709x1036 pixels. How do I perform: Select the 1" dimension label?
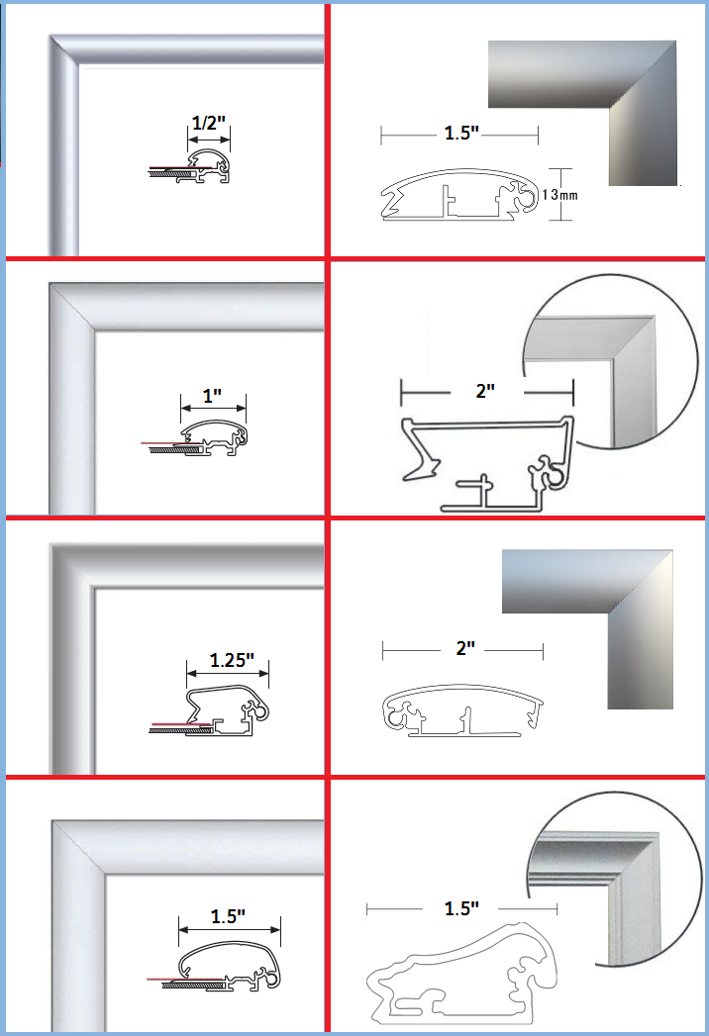point(212,396)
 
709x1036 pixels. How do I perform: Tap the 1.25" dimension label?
point(232,658)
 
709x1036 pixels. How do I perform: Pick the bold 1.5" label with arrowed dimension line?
point(228,916)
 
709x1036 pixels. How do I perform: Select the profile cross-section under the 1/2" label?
point(199,168)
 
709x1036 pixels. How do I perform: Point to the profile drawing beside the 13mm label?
point(460,196)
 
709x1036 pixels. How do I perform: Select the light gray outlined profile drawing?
point(461,975)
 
